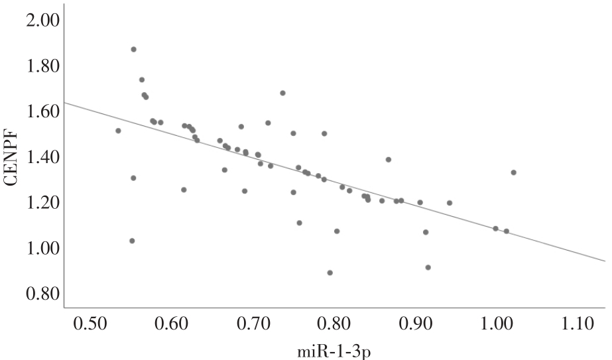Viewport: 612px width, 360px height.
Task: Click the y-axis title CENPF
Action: click(x=11, y=156)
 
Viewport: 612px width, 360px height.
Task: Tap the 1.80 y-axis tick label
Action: click(x=42, y=66)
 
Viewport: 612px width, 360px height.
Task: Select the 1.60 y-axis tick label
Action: click(x=42, y=112)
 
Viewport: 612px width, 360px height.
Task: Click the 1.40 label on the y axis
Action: click(x=42, y=157)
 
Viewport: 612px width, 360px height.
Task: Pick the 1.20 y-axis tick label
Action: click(x=42, y=202)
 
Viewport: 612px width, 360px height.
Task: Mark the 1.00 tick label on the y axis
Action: click(x=42, y=248)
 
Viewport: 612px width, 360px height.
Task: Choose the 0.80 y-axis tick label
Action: click(x=42, y=293)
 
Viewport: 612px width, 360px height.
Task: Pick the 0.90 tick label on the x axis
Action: click(x=414, y=325)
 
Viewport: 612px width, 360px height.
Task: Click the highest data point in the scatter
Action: click(x=133, y=49)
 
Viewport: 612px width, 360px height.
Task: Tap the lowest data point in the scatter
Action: click(x=330, y=272)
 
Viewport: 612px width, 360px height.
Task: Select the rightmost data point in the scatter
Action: click(x=513, y=172)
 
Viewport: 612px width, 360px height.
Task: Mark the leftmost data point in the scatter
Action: click(x=118, y=131)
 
